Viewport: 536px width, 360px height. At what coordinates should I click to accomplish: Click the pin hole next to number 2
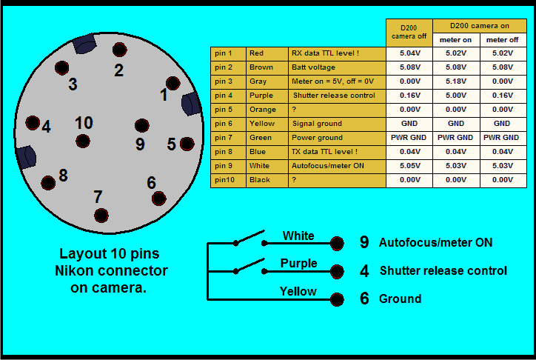point(119,50)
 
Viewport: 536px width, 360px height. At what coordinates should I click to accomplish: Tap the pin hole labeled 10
point(84,141)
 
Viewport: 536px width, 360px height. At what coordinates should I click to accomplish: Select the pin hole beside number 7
point(101,216)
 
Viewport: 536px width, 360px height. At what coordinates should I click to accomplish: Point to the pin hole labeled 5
point(187,144)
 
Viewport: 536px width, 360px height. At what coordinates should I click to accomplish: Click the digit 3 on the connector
point(73,84)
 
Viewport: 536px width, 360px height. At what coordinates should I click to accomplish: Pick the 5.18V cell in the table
point(456,81)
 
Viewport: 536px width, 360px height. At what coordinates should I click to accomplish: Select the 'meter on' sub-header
point(456,39)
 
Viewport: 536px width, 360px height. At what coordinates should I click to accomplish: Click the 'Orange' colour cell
point(267,110)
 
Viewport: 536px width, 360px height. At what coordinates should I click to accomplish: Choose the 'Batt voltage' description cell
point(337,67)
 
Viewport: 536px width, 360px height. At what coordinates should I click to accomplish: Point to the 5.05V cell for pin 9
point(409,166)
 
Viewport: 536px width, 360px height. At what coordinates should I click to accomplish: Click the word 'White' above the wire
point(298,236)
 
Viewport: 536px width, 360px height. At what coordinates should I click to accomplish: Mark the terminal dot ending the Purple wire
point(338,271)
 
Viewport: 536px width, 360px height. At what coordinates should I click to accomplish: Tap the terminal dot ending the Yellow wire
point(338,299)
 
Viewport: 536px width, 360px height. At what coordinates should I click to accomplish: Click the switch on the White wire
point(249,239)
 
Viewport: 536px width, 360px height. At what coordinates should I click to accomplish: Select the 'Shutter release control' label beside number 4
point(443,271)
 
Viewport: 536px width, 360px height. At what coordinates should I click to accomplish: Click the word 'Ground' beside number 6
point(401,299)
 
